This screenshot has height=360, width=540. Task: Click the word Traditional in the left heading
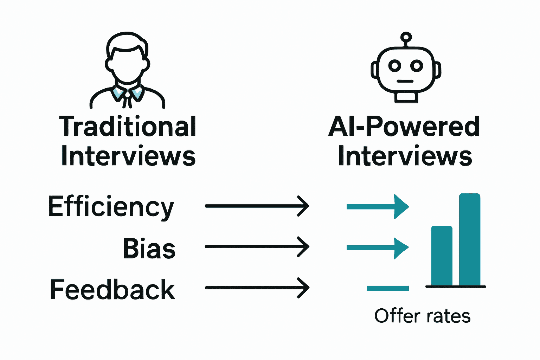(127, 127)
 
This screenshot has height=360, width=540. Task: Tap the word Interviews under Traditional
(128, 156)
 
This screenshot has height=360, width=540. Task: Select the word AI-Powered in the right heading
(404, 127)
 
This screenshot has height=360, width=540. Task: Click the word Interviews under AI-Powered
(405, 156)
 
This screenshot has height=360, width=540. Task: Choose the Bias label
(149, 248)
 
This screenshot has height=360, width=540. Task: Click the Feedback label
(112, 289)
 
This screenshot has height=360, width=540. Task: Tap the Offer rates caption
(422, 316)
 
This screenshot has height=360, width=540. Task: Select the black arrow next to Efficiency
(257, 206)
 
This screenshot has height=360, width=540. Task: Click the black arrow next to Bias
(257, 247)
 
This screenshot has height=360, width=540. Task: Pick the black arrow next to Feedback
(257, 288)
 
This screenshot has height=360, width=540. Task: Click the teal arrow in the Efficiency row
(378, 206)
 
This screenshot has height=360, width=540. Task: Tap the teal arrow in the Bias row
(378, 248)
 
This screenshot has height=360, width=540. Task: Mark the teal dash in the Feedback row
(387, 288)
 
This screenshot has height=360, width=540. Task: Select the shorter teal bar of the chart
(442, 256)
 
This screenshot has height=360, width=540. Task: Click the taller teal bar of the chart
(469, 239)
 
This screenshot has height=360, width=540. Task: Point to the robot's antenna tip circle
(406, 37)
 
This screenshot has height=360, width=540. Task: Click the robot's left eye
(394, 66)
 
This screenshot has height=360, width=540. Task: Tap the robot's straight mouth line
(405, 81)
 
